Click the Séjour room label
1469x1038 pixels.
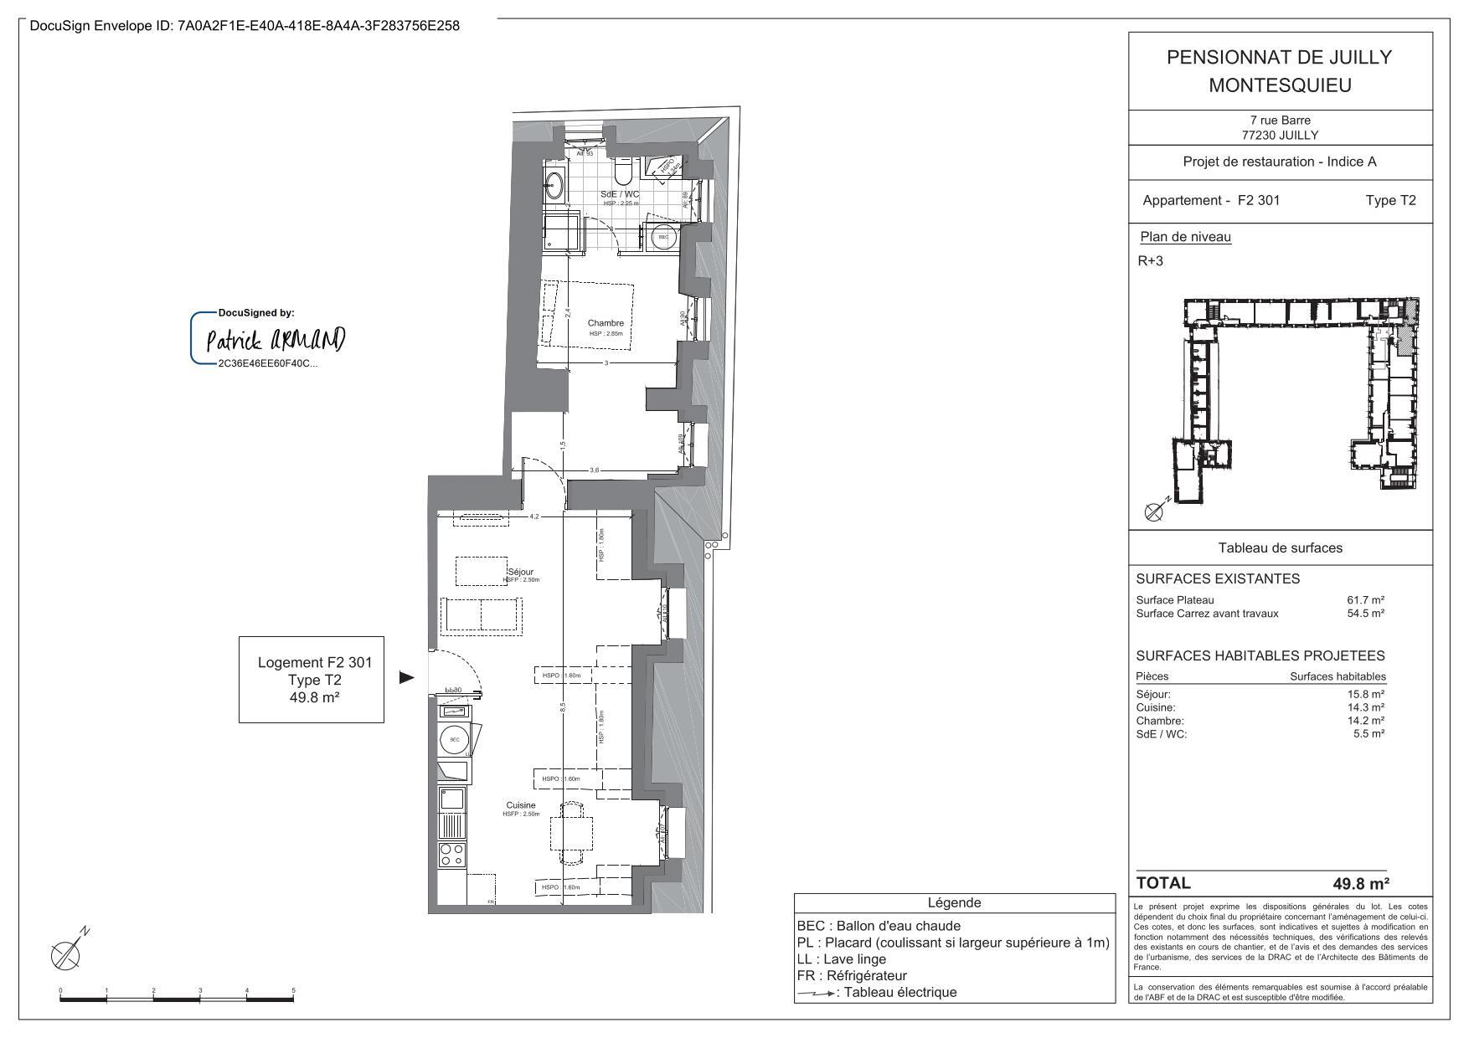coord(520,573)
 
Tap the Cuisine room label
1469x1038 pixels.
coord(520,805)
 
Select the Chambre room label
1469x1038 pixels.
coord(605,323)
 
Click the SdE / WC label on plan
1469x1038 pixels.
coord(619,194)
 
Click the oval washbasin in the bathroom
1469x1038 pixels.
coord(554,185)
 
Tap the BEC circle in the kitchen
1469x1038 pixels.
coord(454,740)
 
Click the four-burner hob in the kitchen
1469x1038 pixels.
coord(453,854)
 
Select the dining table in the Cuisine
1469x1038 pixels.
coord(571,833)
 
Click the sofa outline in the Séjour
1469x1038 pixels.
coord(482,616)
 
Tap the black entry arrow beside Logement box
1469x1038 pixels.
coord(406,677)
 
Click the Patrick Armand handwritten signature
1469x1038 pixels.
coord(275,339)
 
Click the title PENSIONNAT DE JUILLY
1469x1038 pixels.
coord(1279,58)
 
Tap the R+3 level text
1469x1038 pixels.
coord(1150,261)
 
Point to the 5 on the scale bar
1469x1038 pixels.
coord(293,991)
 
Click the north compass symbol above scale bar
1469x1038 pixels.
coord(67,953)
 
